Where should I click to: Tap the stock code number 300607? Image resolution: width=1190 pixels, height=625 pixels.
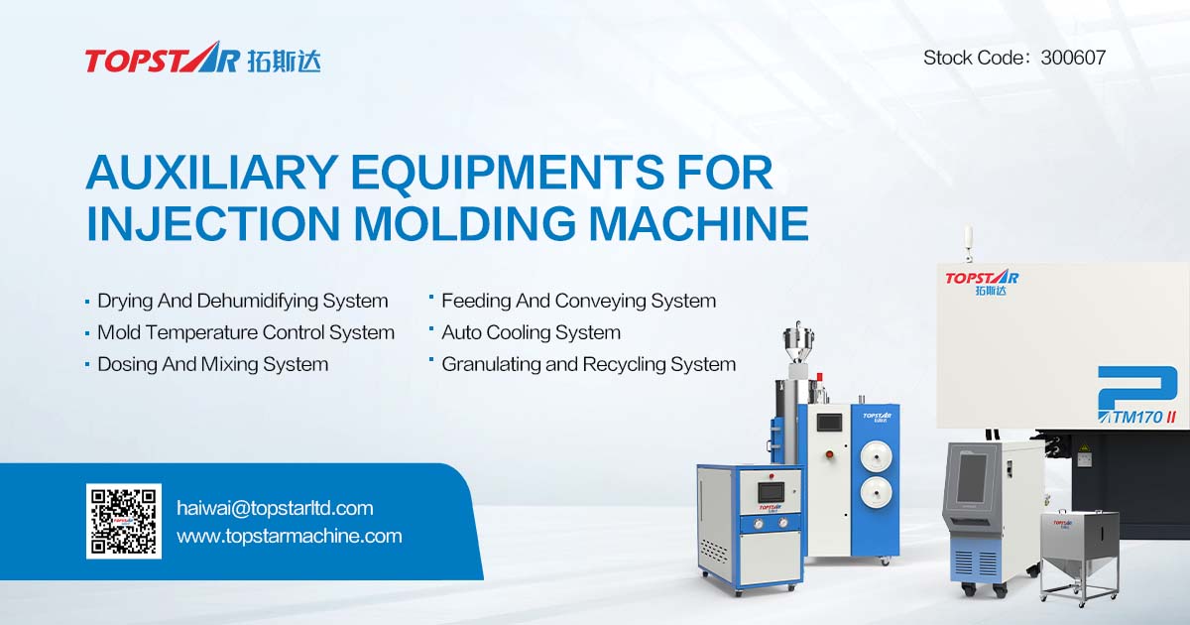(1073, 58)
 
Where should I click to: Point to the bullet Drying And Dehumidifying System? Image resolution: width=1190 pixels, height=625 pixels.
(242, 301)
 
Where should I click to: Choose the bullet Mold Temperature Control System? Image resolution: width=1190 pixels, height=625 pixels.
(245, 332)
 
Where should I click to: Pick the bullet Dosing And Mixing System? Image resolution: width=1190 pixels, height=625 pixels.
(212, 364)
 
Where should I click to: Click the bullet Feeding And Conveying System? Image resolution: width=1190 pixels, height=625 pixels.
(578, 301)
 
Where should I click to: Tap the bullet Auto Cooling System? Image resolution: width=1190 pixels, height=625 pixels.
(531, 332)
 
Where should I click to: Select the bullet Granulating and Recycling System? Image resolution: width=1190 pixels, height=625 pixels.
(588, 364)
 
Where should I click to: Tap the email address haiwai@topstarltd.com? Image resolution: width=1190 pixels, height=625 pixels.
(275, 508)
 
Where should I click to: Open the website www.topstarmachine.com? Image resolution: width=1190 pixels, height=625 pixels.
(289, 536)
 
